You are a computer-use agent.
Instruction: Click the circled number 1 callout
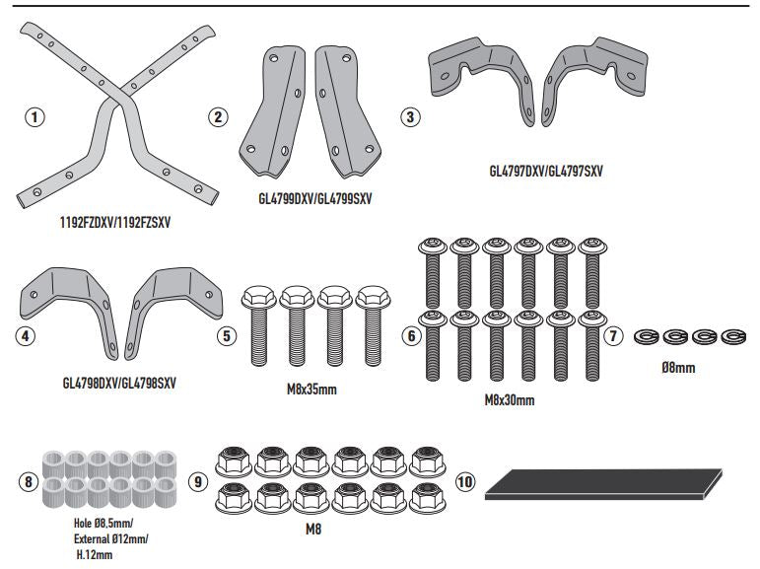pos(35,117)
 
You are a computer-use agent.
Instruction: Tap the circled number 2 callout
pos(219,117)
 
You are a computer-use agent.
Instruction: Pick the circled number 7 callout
pos(614,335)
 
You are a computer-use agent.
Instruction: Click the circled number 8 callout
pos(28,482)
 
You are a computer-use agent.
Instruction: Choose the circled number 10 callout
pos(465,482)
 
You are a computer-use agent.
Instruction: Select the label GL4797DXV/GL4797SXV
pos(545,171)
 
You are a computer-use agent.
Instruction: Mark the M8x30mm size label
pos(510,400)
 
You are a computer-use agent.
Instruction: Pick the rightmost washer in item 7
pos(731,335)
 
